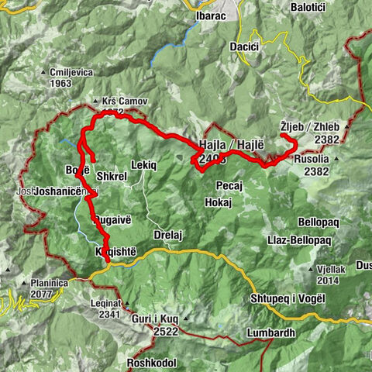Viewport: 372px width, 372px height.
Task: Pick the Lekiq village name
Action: click(145, 165)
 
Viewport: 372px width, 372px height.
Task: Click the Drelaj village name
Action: click(167, 234)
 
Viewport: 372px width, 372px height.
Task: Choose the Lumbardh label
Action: click(250, 333)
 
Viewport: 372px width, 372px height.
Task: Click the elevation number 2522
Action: click(166, 332)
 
